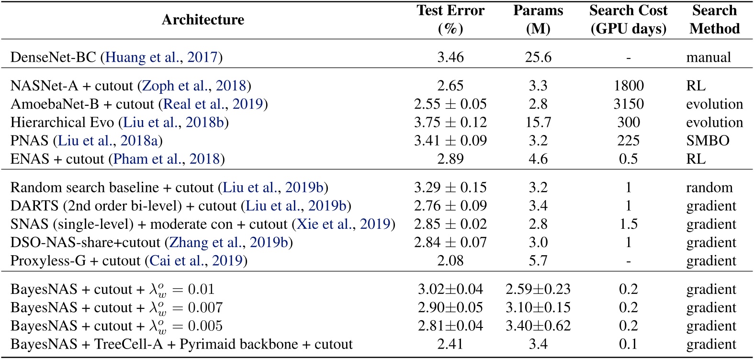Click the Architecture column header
(203, 20)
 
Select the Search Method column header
(714, 20)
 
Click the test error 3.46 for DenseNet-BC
(450, 57)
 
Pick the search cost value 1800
(628, 86)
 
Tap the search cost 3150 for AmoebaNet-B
(628, 104)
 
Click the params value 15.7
(538, 122)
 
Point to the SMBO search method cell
(707, 141)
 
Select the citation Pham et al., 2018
(166, 159)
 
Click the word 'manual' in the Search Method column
(708, 57)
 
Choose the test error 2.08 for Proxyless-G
(450, 261)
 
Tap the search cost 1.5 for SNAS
(628, 224)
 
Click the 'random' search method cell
(709, 187)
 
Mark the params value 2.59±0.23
(538, 289)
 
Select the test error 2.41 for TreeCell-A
(450, 344)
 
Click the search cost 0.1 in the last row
(628, 344)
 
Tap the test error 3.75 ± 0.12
(450, 122)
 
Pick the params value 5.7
(538, 261)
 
